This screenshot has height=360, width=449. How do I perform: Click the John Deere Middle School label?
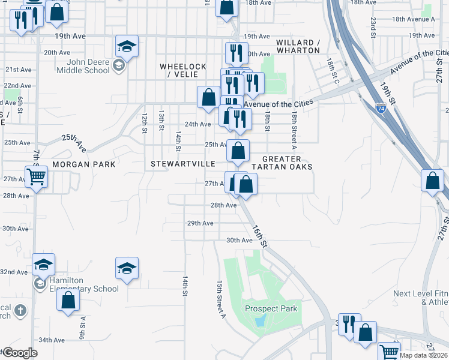[83, 65]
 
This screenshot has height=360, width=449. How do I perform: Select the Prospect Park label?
[271, 309]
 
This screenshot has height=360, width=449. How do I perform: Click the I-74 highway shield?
[381, 109]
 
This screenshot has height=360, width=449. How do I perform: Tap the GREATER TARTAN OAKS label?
[282, 163]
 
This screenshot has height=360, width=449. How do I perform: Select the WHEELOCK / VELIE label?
[183, 70]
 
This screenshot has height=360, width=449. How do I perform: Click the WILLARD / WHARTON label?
[298, 46]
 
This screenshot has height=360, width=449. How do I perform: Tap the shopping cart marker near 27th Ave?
[37, 177]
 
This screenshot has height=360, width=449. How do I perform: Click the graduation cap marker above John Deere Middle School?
[127, 46]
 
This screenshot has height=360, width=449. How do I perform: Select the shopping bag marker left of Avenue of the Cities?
[208, 97]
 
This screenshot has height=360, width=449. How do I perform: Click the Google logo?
[19, 352]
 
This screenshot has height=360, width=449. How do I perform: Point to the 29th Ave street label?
[200, 223]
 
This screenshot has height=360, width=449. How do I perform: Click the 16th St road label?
[259, 235]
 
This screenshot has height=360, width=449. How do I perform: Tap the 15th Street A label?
[220, 298]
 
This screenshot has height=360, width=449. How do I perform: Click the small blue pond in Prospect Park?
[259, 321]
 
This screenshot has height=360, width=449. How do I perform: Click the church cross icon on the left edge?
[21, 311]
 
